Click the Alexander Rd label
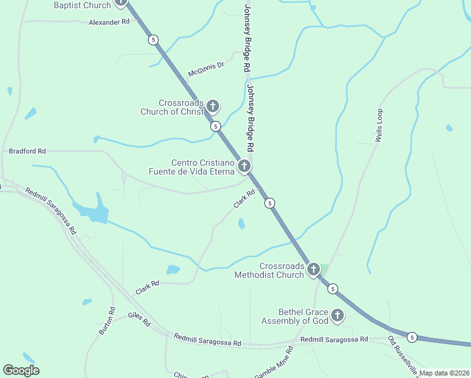tap(108, 21)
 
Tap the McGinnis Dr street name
tap(206, 69)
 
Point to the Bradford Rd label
tap(28, 151)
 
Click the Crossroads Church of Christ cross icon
tap(213, 106)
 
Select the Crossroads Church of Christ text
tap(173, 108)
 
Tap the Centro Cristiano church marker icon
tap(244, 166)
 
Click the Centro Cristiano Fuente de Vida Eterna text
tap(191, 167)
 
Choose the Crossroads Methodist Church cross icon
tap(313, 269)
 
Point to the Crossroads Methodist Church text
tap(269, 270)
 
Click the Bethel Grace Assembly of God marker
tap(338, 315)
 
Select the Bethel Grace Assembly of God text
tap(295, 316)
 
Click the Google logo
tap(21, 370)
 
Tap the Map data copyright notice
tap(444, 373)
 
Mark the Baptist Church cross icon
tap(121, 3)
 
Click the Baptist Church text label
tap(82, 5)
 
